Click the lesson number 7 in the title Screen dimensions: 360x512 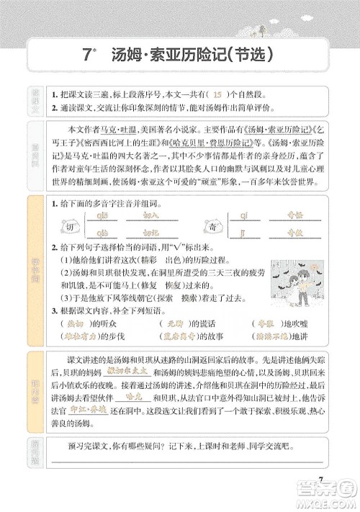pos(86,54)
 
